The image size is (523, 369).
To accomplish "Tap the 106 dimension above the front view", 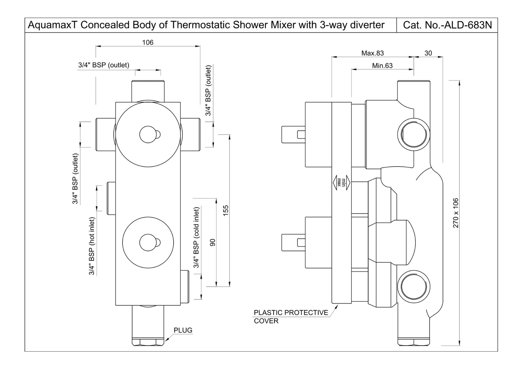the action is point(148,42).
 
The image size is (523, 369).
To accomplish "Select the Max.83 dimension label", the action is point(372,53).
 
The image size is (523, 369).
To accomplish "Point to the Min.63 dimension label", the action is point(382,66).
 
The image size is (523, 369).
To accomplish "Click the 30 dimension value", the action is point(428,53).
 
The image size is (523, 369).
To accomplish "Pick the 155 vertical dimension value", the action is point(226,210).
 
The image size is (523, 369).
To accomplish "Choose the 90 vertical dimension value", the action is point(212,242).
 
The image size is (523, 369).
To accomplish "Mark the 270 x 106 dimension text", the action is point(456,213).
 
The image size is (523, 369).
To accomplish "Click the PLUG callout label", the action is point(183,330).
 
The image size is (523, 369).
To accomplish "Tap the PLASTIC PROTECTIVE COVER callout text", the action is point(291,317).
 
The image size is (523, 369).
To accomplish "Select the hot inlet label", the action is point(92,246).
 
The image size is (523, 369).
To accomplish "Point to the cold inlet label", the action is point(196,237).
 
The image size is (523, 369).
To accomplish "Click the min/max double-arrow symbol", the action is point(341,182).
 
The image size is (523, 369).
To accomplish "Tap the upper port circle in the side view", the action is point(413,134).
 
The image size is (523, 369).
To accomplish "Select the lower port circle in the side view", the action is point(413,286).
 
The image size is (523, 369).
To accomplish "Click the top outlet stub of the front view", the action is point(148,91).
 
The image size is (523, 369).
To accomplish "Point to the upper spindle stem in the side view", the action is point(293,134).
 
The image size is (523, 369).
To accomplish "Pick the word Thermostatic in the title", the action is point(200,25).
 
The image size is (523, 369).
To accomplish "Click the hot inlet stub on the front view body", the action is point(111,198).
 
